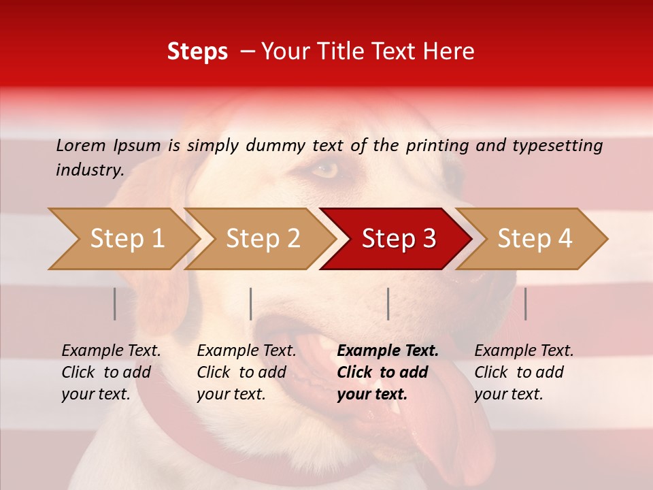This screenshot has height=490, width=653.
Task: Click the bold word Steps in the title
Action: coord(197,51)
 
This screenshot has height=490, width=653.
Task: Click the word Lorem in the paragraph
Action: coord(81,145)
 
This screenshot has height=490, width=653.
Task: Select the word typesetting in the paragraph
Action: coord(557,145)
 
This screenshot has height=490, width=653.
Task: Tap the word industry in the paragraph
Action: coord(89,169)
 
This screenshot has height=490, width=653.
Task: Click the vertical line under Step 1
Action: coord(115,304)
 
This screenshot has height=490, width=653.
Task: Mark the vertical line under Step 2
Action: coord(251,304)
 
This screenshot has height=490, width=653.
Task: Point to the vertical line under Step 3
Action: coord(388,304)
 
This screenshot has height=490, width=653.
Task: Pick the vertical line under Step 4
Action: coord(525,304)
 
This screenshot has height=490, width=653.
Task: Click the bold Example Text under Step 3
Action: coord(388,351)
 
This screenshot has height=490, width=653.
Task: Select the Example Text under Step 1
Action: coord(111,351)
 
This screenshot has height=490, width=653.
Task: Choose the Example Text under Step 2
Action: coord(246,351)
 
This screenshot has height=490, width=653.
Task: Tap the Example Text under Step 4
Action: coord(524,351)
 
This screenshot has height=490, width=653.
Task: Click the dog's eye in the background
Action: coord(325,169)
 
